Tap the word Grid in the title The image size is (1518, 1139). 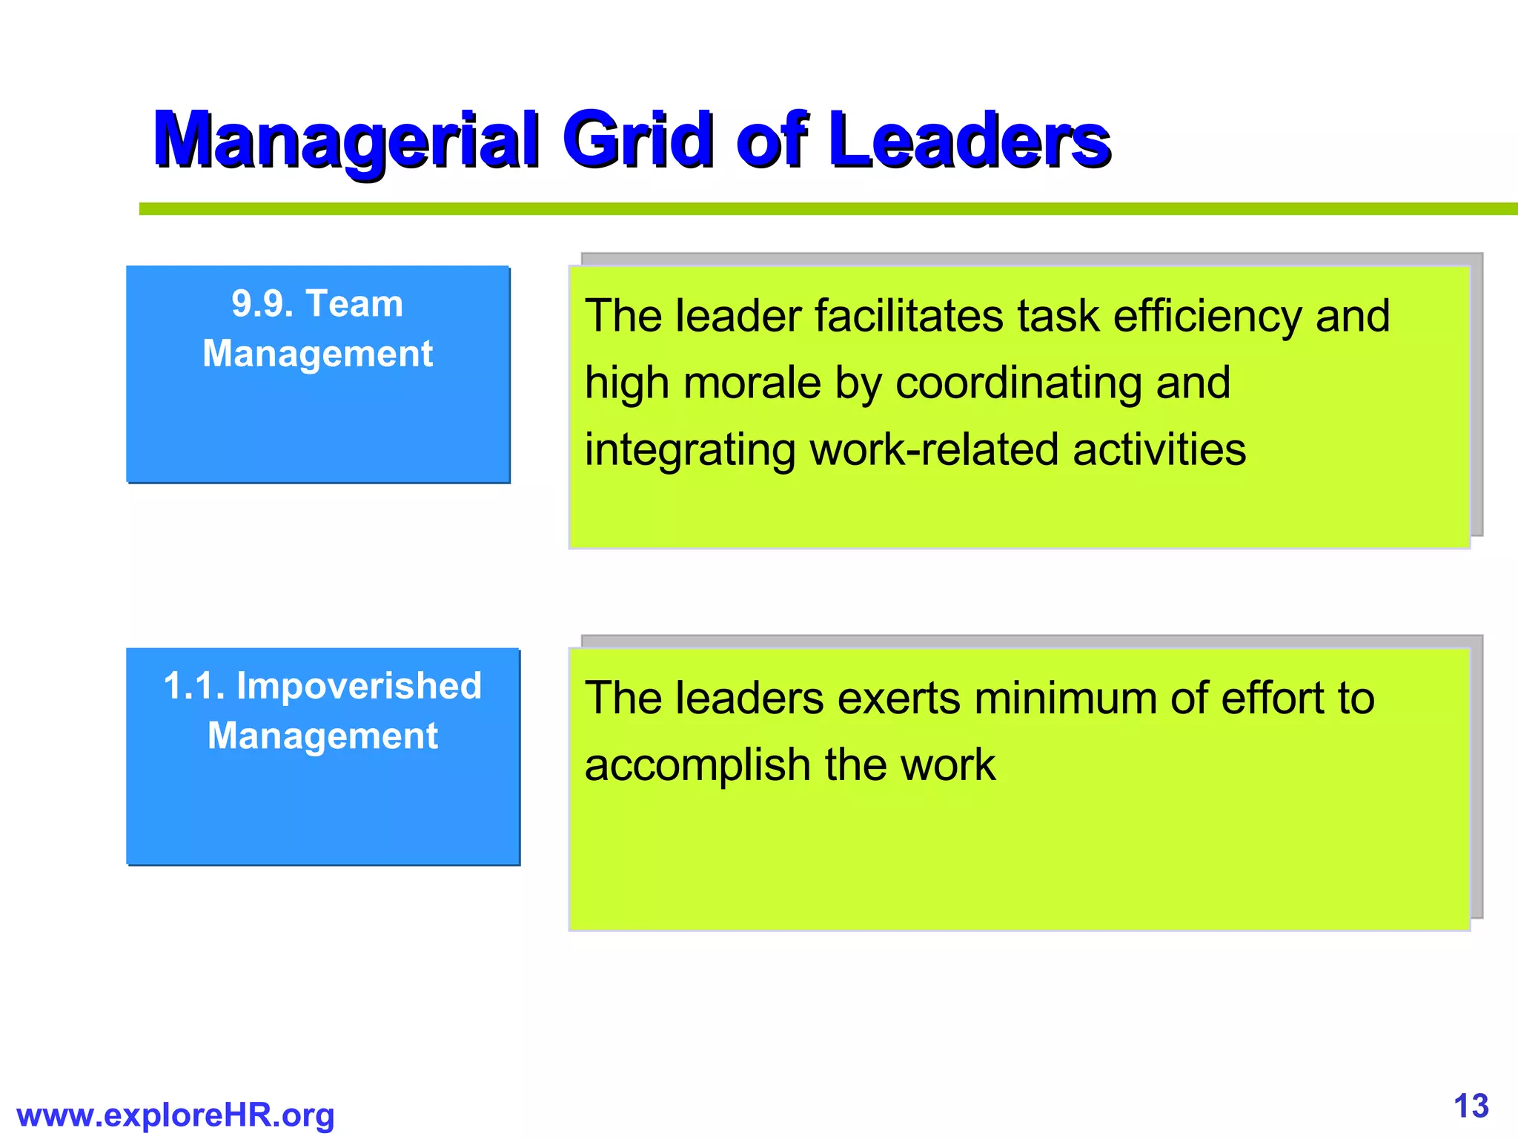637,140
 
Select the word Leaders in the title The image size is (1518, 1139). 970,140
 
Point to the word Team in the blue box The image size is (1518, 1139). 354,304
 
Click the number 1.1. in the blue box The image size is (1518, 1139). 194,686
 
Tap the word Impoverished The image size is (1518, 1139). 359,686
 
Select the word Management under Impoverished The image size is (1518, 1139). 322,736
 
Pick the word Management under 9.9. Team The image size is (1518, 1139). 317,354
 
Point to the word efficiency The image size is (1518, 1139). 1207,317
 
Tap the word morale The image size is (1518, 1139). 752,383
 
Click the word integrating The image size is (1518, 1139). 689,451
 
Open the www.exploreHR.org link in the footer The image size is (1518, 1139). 176,1115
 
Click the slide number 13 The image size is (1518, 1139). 1471,1106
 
